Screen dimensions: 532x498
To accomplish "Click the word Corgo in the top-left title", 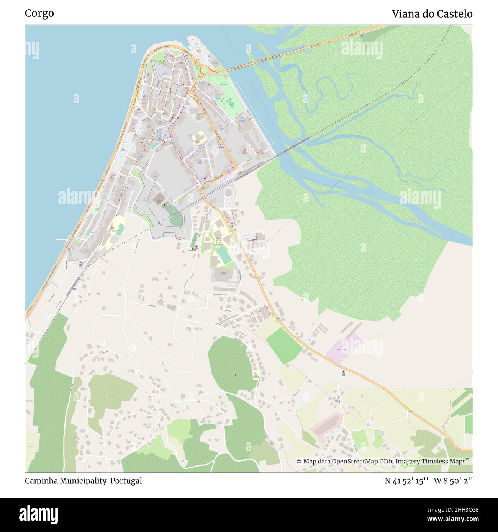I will tap(39, 13).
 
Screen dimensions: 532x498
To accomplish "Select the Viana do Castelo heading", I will tap(432, 14).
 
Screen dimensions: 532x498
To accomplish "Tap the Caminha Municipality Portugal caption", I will tap(83, 481).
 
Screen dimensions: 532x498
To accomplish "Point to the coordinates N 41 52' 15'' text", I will tap(406, 481).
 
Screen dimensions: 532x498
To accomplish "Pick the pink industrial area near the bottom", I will tap(326, 425).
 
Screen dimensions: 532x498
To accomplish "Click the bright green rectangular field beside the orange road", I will tap(284, 346).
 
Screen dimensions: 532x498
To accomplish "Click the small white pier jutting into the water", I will tap(61, 240).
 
